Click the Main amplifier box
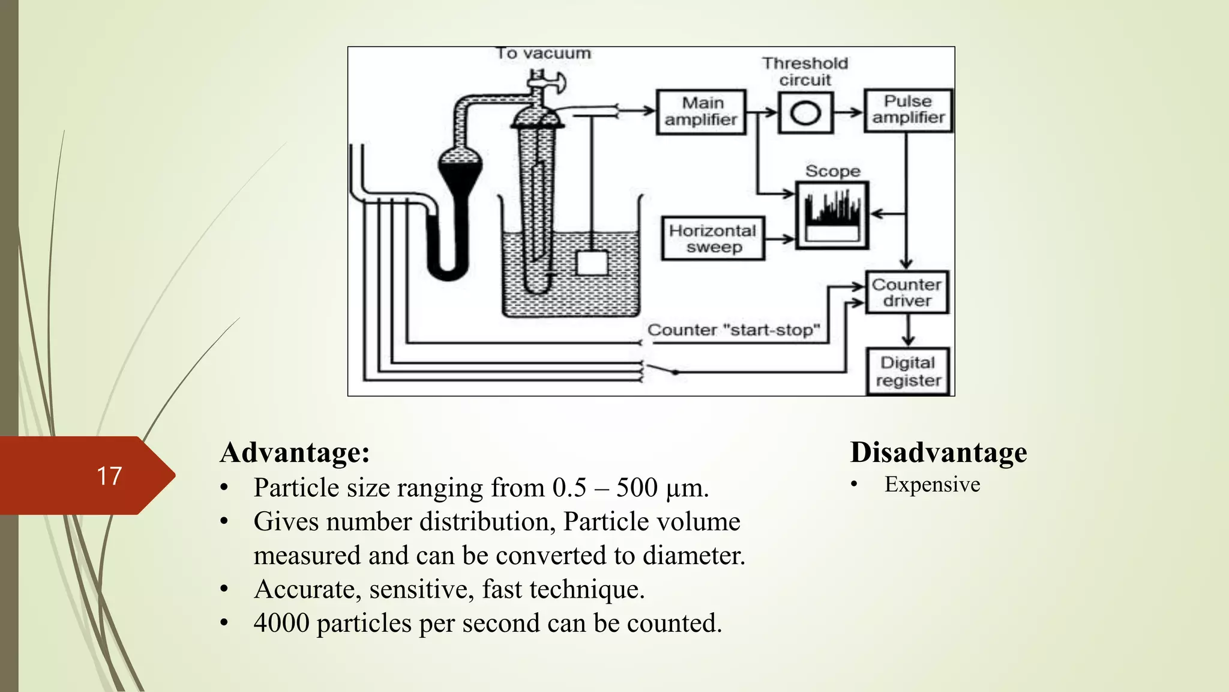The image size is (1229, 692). coord(701,112)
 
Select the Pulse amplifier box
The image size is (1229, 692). coord(908,110)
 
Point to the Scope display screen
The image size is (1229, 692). coord(832,215)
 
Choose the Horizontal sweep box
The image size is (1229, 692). coord(713,238)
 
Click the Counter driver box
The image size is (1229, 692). coord(907,293)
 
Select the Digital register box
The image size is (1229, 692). coord(908,371)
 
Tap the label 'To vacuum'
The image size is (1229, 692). coord(543,54)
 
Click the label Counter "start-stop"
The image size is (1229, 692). coord(733,330)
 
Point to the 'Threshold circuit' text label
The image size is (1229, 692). coord(805,71)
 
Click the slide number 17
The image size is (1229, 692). coord(109,476)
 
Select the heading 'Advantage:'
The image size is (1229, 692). coord(295,452)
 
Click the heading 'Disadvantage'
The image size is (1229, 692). coord(938,452)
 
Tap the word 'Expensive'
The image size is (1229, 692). coord(932,485)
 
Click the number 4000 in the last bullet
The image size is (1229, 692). coord(281,624)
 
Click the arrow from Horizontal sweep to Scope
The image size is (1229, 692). coord(780,239)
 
